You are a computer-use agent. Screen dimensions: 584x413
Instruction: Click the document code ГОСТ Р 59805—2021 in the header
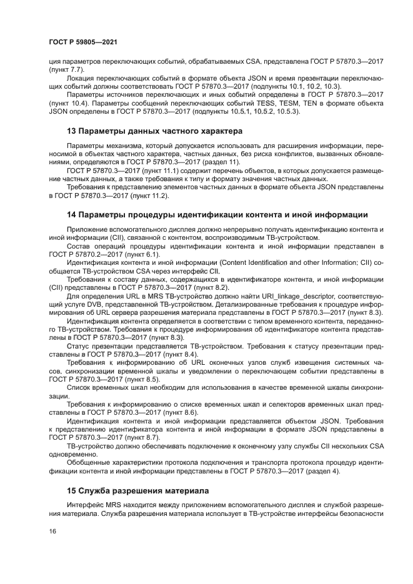[84, 41]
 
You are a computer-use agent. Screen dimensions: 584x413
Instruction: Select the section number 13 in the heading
[71, 131]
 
